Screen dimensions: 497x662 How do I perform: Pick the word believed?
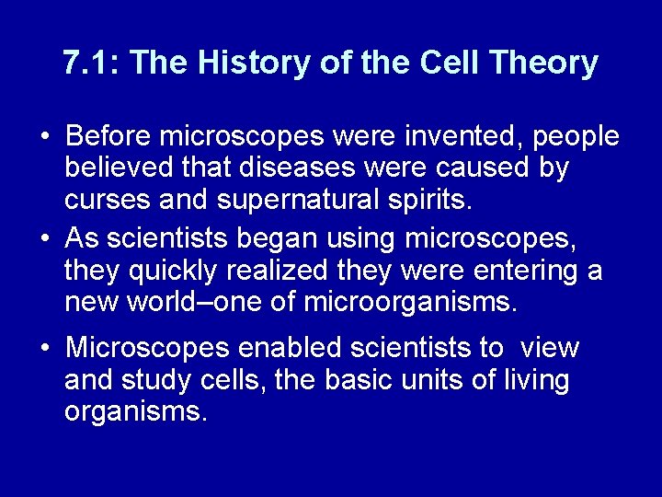118,168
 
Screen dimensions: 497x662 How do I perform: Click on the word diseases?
303,168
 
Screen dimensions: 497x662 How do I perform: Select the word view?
550,348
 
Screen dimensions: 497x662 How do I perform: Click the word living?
531,380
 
